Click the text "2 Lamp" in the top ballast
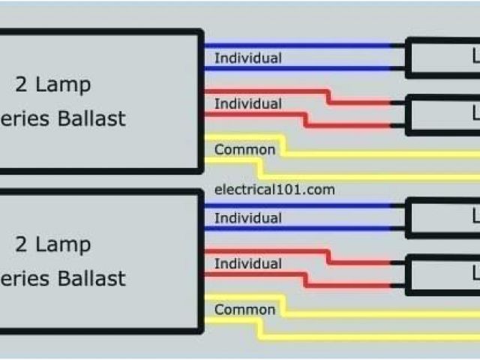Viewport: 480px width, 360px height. tap(52, 83)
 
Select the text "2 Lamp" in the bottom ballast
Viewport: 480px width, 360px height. tap(52, 244)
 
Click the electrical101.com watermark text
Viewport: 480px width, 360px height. tap(274, 190)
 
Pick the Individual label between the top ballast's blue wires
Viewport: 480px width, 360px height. tap(248, 58)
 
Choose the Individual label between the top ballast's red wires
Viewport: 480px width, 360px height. tap(248, 103)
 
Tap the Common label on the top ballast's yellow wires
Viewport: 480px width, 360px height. tap(244, 149)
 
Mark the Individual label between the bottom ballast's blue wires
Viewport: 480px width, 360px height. tap(248, 218)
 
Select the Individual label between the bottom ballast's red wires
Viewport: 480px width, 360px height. tap(248, 264)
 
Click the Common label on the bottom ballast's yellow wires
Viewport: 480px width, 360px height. tap(244, 310)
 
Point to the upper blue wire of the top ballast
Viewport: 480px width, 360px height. tap(300, 45)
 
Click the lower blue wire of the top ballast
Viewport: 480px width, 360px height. tap(300, 69)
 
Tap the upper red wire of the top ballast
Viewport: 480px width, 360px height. tap(262, 91)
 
